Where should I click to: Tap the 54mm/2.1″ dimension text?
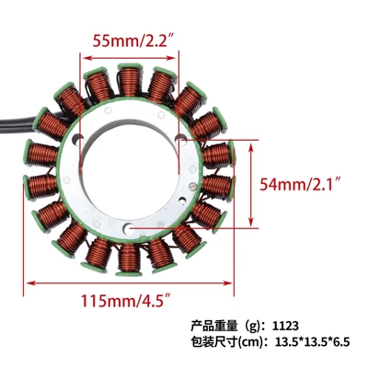301,184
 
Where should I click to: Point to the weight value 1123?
285,326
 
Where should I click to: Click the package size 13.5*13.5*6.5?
313,342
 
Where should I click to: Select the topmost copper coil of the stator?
130,80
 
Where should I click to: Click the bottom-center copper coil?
129,259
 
